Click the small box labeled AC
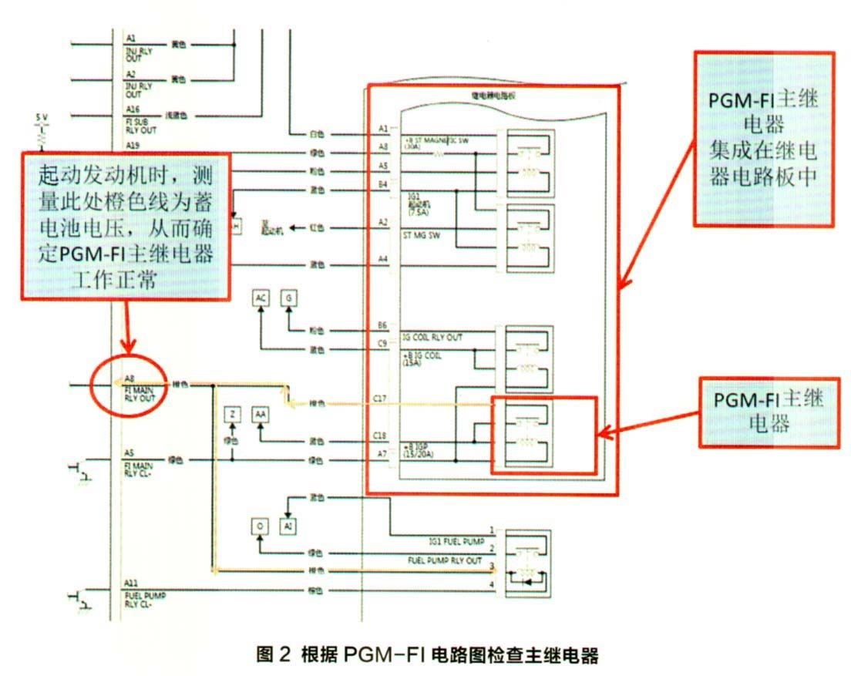pos(261,298)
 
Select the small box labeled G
pos(288,298)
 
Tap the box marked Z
pos(231,415)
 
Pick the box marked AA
pos(261,415)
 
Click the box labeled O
pos(261,526)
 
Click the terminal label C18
pos(379,436)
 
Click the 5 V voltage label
pos(42,117)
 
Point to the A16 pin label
pos(133,110)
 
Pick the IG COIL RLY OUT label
pos(432,338)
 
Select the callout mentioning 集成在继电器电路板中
pos(764,140)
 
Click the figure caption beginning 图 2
pos(426,656)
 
